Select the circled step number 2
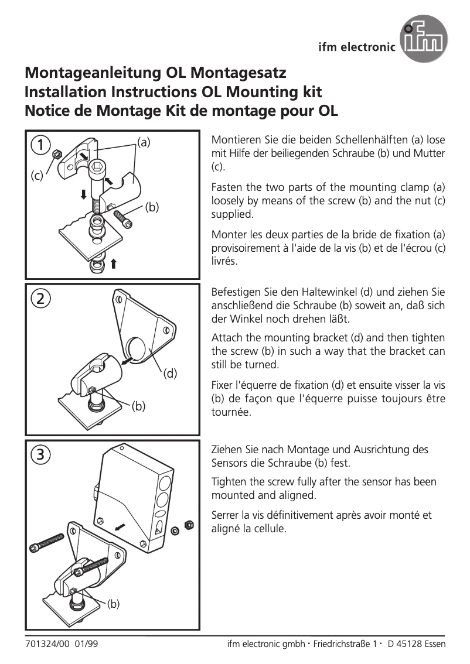pos(40,298)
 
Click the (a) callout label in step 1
pos(144,142)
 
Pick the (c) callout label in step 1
pos(37,176)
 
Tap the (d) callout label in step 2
pos(170,373)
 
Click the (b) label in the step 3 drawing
pos(113,604)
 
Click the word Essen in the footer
pos(434,644)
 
